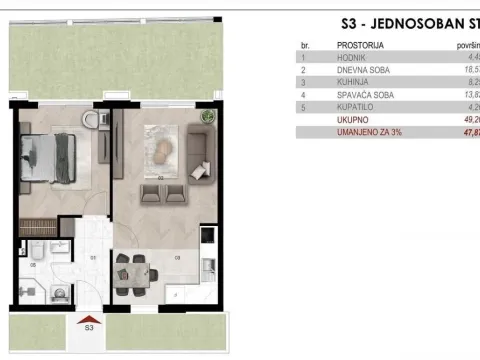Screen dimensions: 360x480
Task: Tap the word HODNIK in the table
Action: coord(352,57)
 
